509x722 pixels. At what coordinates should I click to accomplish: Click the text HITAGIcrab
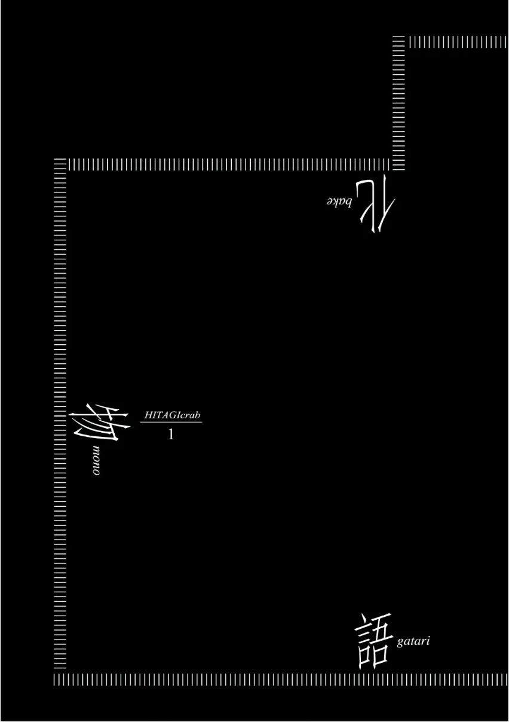coord(171,414)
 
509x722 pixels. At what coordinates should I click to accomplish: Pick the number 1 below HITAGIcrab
coord(171,435)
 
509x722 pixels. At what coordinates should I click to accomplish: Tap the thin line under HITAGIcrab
coord(171,422)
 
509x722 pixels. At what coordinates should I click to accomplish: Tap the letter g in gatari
coord(400,643)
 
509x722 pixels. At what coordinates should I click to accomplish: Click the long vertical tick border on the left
coord(60,418)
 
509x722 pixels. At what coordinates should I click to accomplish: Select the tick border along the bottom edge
coord(281,679)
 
